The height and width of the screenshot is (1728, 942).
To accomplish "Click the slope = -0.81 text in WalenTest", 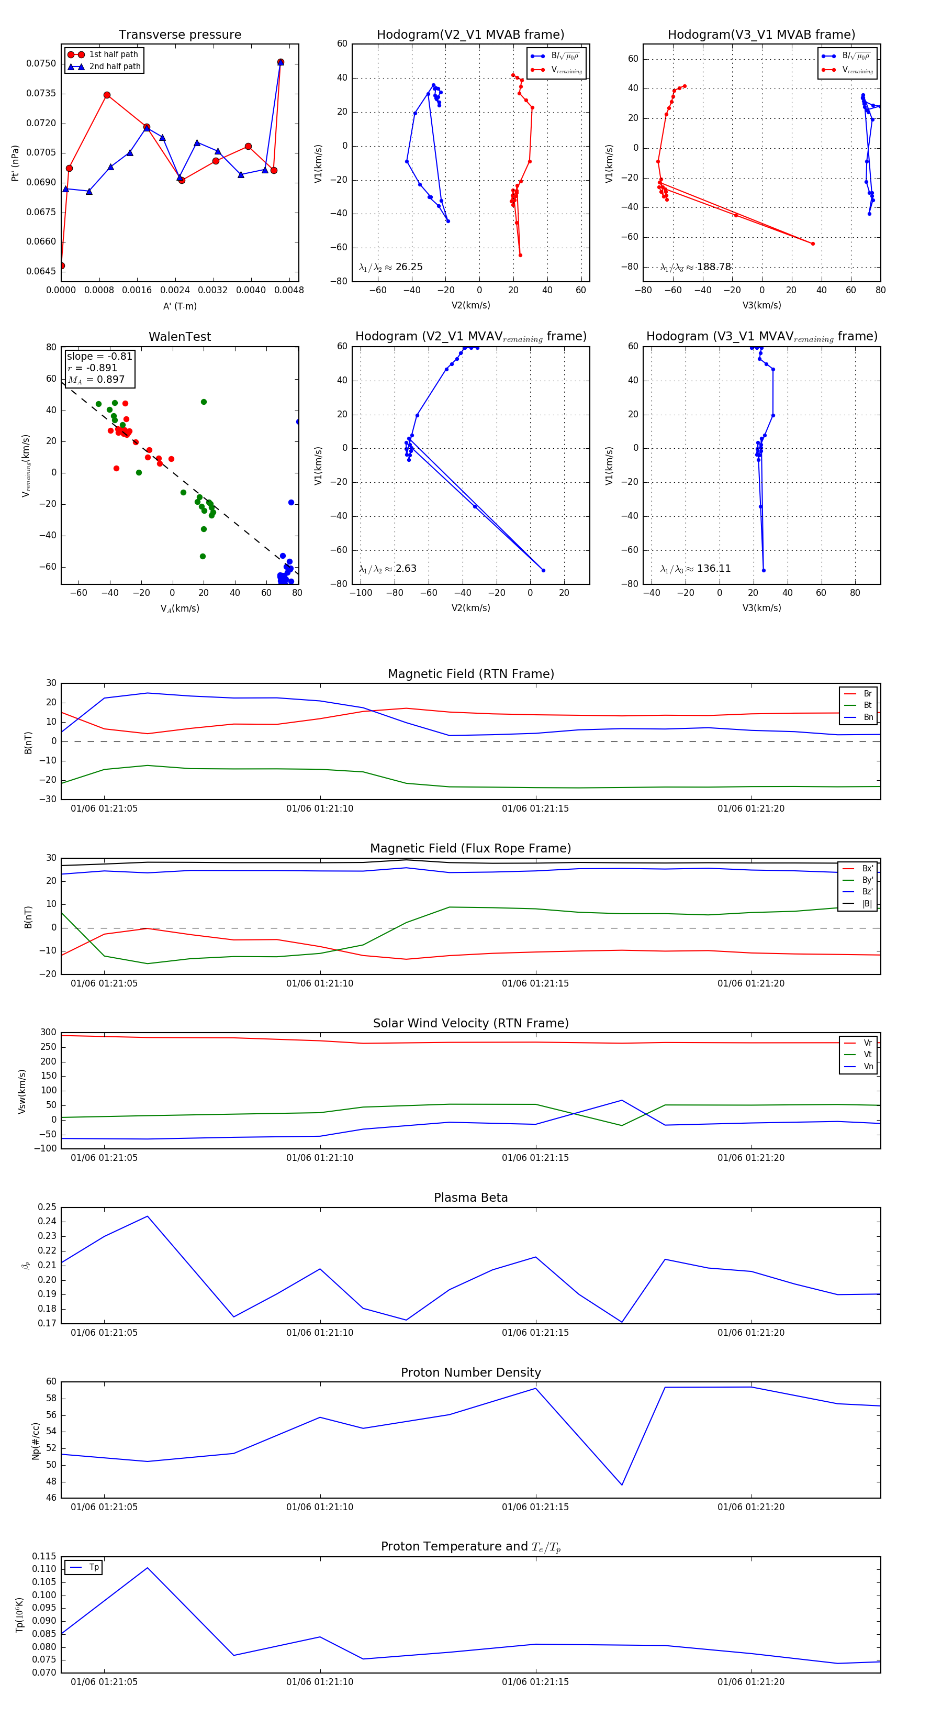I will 99,356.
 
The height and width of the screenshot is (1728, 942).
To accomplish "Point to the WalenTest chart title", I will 180,337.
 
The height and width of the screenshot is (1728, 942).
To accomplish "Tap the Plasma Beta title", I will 470,1198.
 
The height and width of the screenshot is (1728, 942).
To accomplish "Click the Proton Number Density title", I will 470,1372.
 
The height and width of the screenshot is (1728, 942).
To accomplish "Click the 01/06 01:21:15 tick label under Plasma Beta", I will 535,1332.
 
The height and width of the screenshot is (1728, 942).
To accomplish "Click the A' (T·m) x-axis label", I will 180,306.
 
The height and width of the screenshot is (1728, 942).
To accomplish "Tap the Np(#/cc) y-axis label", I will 36,1441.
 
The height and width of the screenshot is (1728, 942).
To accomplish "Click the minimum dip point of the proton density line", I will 622,1485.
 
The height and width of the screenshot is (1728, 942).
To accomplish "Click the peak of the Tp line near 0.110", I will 148,1568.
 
